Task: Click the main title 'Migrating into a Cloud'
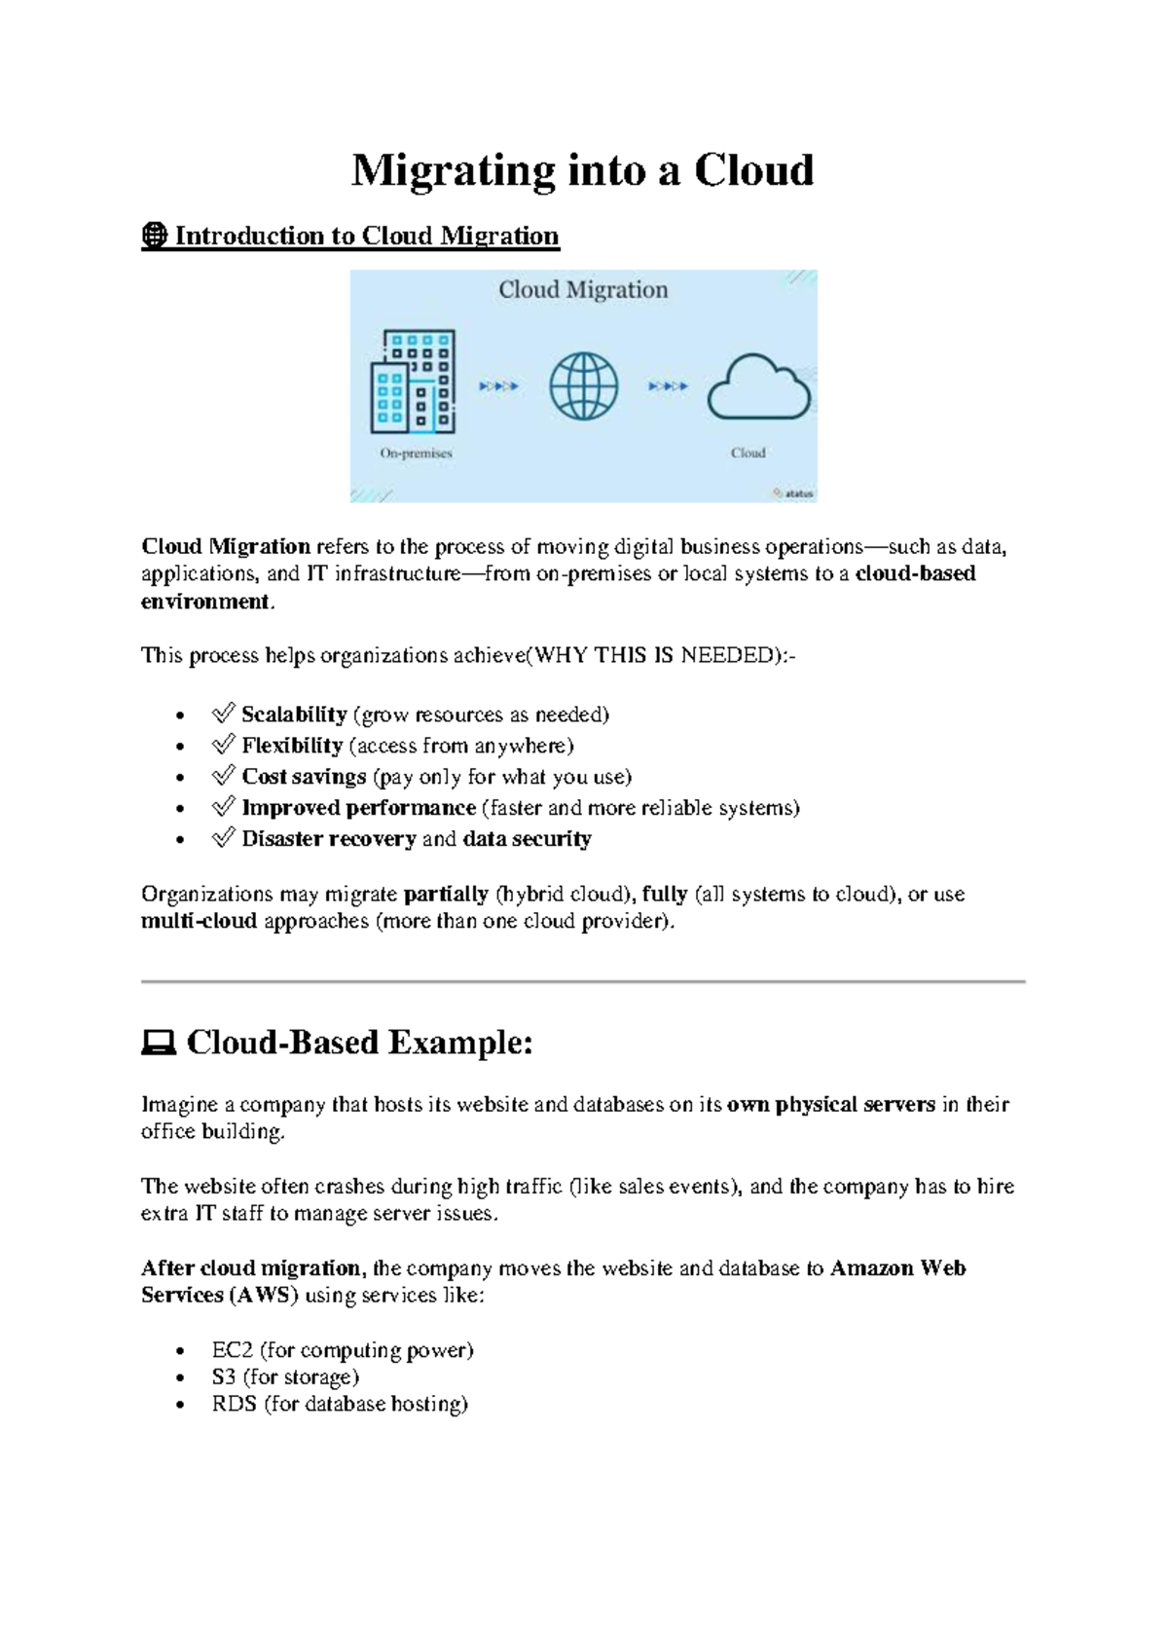tap(582, 170)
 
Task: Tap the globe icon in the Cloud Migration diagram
tap(583, 385)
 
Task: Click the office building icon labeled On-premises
tap(413, 382)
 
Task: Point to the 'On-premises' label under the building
tap(416, 453)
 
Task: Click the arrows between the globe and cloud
tap(668, 386)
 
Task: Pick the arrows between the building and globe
tap(498, 386)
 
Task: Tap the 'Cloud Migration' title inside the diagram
tap(583, 289)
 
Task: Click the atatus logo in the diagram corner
tap(793, 494)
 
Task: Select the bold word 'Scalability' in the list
tap(294, 715)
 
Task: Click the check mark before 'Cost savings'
tap(223, 776)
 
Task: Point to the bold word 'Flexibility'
tap(292, 746)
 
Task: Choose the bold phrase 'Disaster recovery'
tap(329, 839)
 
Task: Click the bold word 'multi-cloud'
tap(199, 921)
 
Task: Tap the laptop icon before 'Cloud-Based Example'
tap(158, 1044)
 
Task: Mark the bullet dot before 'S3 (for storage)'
tap(180, 1378)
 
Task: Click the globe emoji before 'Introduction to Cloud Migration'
tap(154, 236)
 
